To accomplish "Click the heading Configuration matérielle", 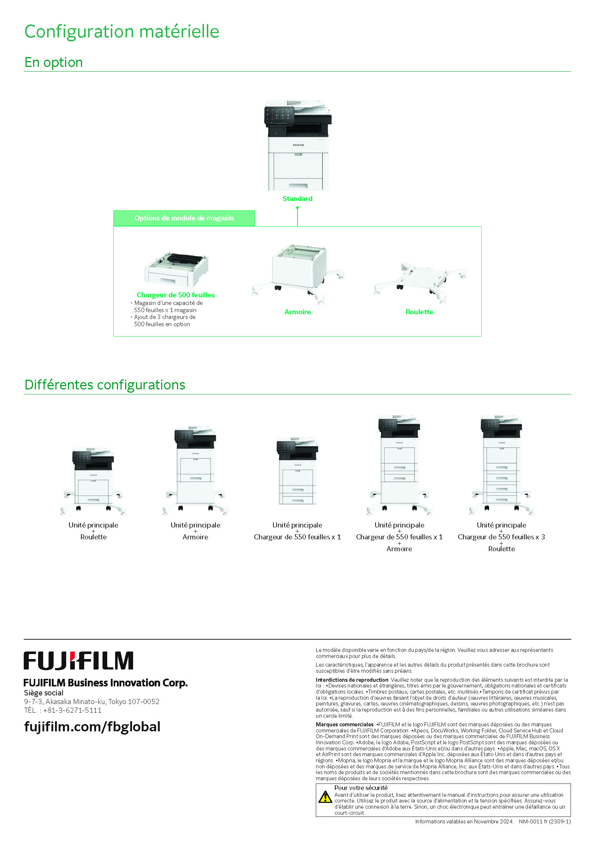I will click(x=122, y=32).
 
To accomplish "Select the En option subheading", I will click(x=54, y=62).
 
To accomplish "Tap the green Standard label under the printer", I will click(x=297, y=198).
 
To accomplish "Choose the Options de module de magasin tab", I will click(x=184, y=218).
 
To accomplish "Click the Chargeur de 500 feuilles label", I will click(x=176, y=295).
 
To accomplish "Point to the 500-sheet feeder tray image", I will click(x=177, y=270).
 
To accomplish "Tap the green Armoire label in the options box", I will click(x=297, y=312).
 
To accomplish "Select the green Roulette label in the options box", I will click(x=419, y=312).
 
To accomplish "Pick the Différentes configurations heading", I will click(x=105, y=385).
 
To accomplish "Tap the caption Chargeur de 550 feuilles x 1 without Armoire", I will click(x=297, y=537).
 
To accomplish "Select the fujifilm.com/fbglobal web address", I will click(x=92, y=727).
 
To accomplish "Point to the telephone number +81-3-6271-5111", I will click(x=72, y=710).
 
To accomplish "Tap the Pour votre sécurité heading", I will click(x=361, y=788).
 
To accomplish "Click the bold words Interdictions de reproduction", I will click(x=352, y=680).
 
